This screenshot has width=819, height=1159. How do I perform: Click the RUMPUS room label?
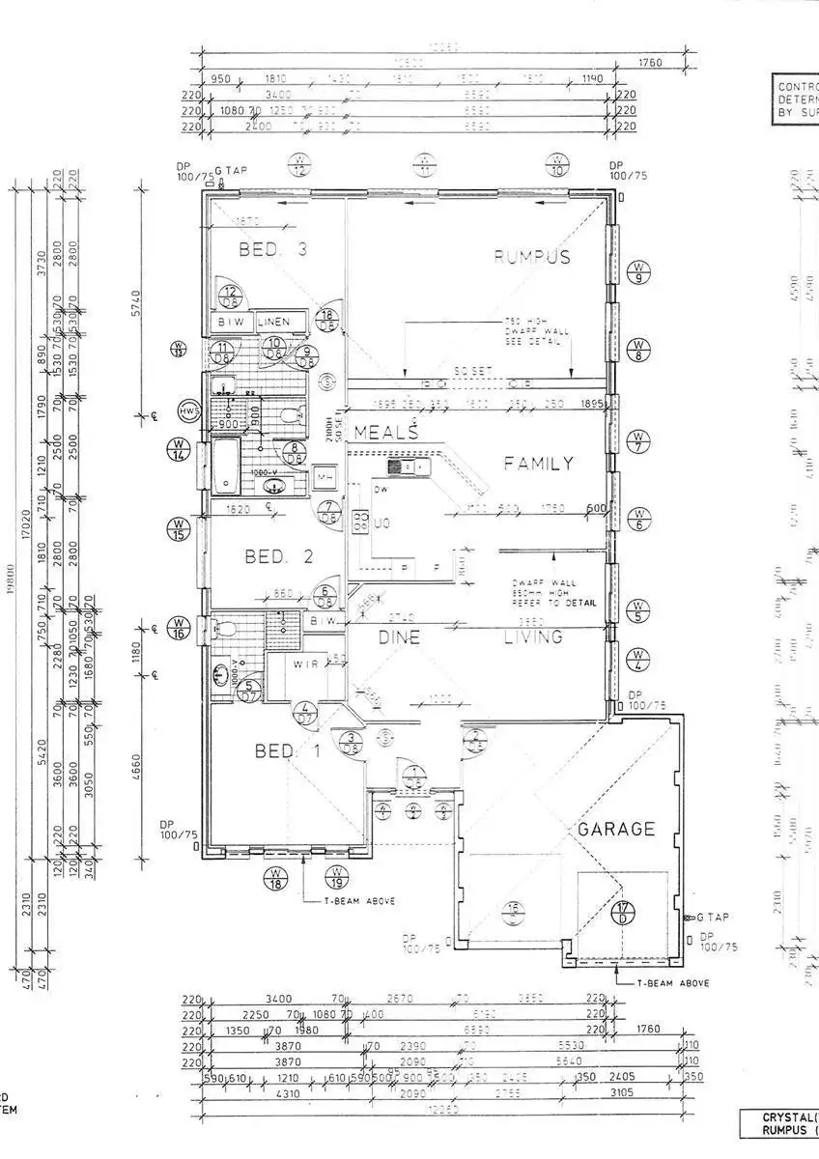532,257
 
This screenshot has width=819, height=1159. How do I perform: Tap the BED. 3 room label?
272,250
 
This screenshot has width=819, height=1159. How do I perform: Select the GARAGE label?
616,829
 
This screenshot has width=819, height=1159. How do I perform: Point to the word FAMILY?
538,464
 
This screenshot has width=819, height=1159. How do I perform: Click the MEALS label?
384,431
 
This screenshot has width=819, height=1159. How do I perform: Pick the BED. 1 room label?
286,751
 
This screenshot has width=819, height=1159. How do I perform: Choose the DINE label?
396,637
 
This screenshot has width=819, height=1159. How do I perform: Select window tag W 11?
425,166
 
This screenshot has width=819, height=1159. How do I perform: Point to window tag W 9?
638,273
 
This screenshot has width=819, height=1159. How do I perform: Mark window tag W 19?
337,878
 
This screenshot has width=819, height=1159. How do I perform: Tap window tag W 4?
638,660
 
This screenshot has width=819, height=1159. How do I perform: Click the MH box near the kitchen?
325,476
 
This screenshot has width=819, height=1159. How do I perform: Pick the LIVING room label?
533,637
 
